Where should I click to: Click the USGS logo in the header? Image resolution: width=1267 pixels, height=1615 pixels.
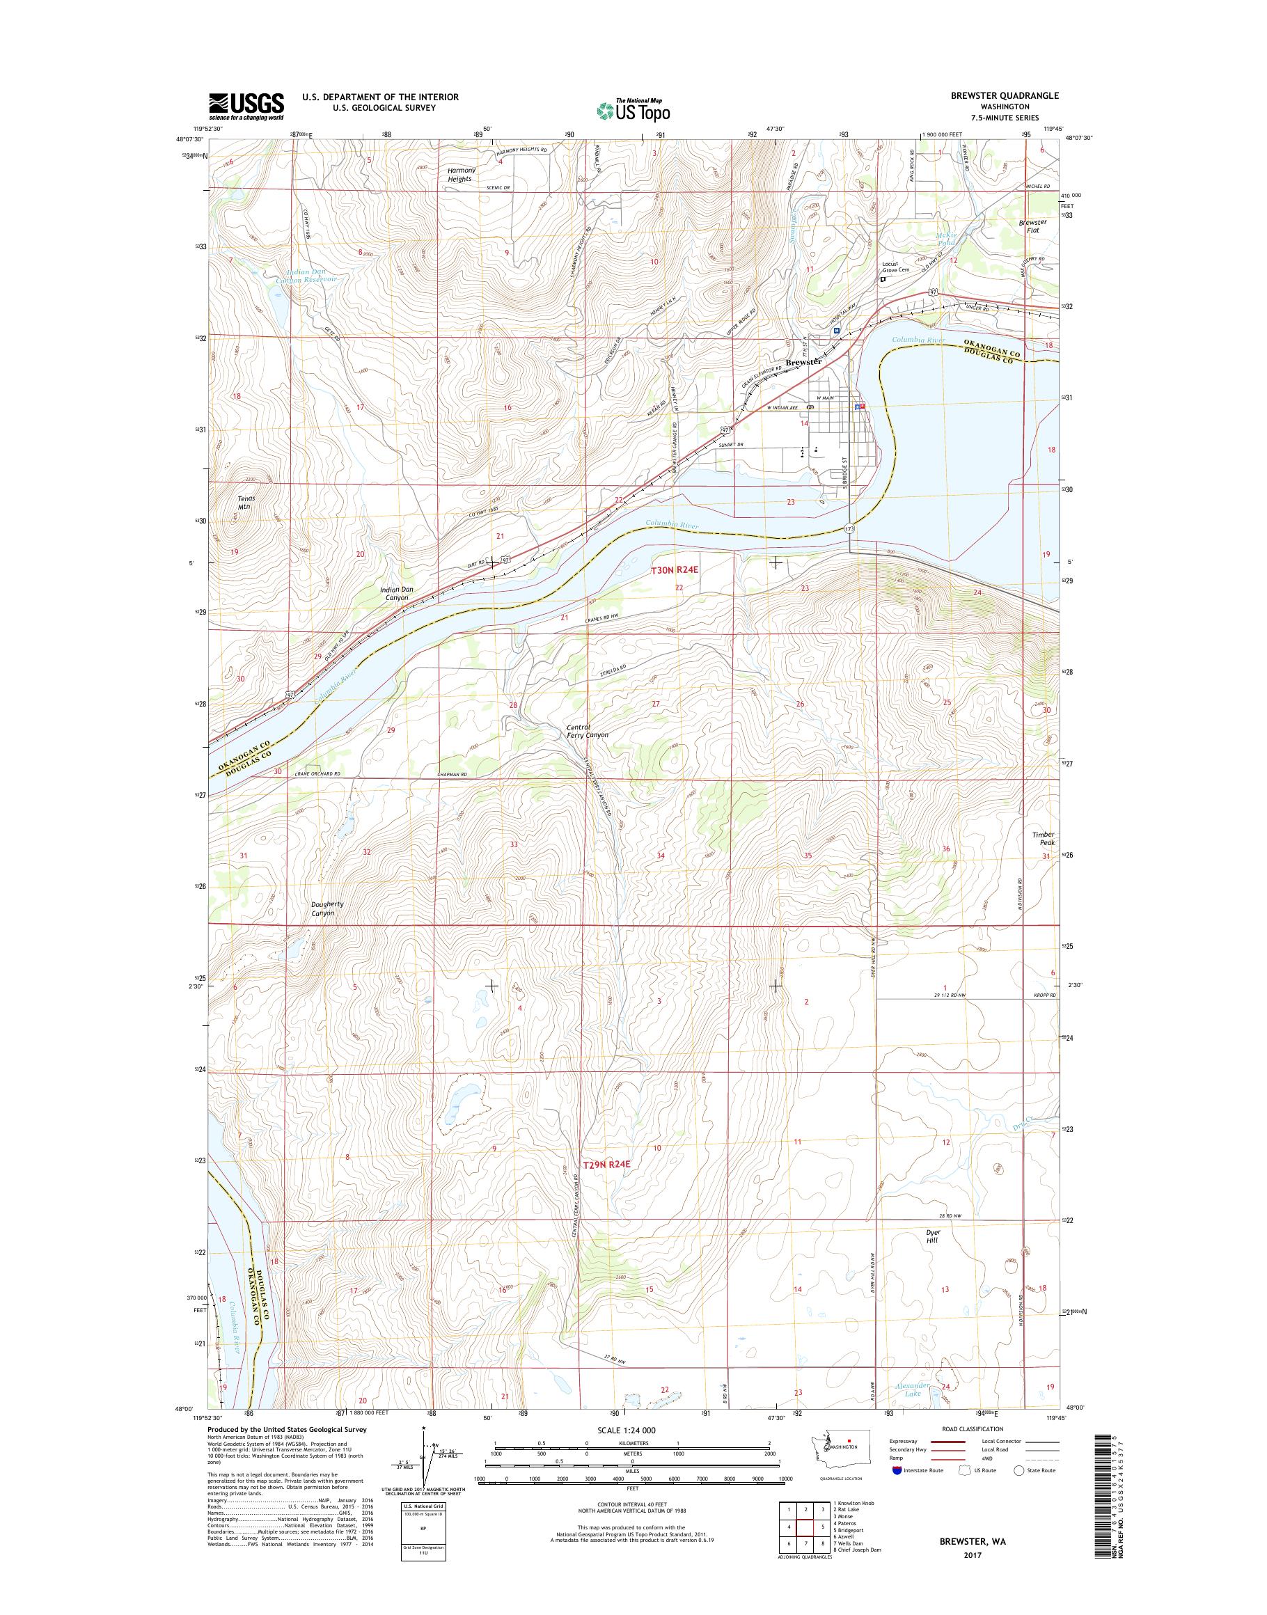(x=246, y=106)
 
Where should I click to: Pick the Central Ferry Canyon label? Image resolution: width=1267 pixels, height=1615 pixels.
(x=587, y=731)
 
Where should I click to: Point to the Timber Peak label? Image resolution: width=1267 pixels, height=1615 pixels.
(x=1043, y=838)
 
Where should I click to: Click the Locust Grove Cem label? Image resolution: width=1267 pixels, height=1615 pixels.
(x=895, y=267)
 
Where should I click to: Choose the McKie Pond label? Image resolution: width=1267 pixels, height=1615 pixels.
(x=946, y=238)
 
